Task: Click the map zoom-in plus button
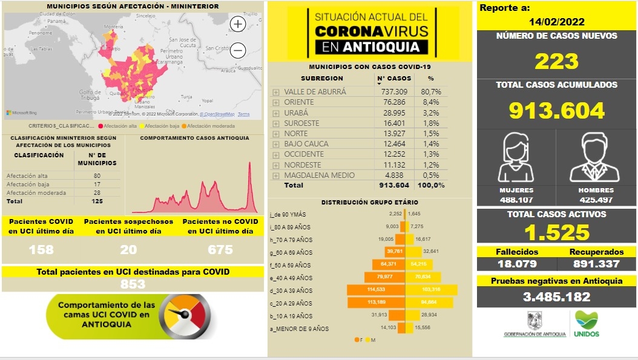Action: pyautogui.click(x=238, y=24)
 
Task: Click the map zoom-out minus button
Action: pyautogui.click(x=238, y=50)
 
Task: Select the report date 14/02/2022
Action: pyautogui.click(x=556, y=22)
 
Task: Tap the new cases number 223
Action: pyautogui.click(x=556, y=61)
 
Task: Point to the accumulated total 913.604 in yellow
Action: pyautogui.click(x=556, y=110)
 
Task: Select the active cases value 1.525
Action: pyautogui.click(x=556, y=232)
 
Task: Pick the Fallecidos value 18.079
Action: pyautogui.click(x=516, y=263)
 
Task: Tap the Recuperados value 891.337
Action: pyautogui.click(x=596, y=263)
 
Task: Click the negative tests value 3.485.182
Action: pyautogui.click(x=556, y=297)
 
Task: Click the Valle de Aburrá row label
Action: pyautogui.click(x=315, y=92)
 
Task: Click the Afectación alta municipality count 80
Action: pyautogui.click(x=97, y=175)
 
